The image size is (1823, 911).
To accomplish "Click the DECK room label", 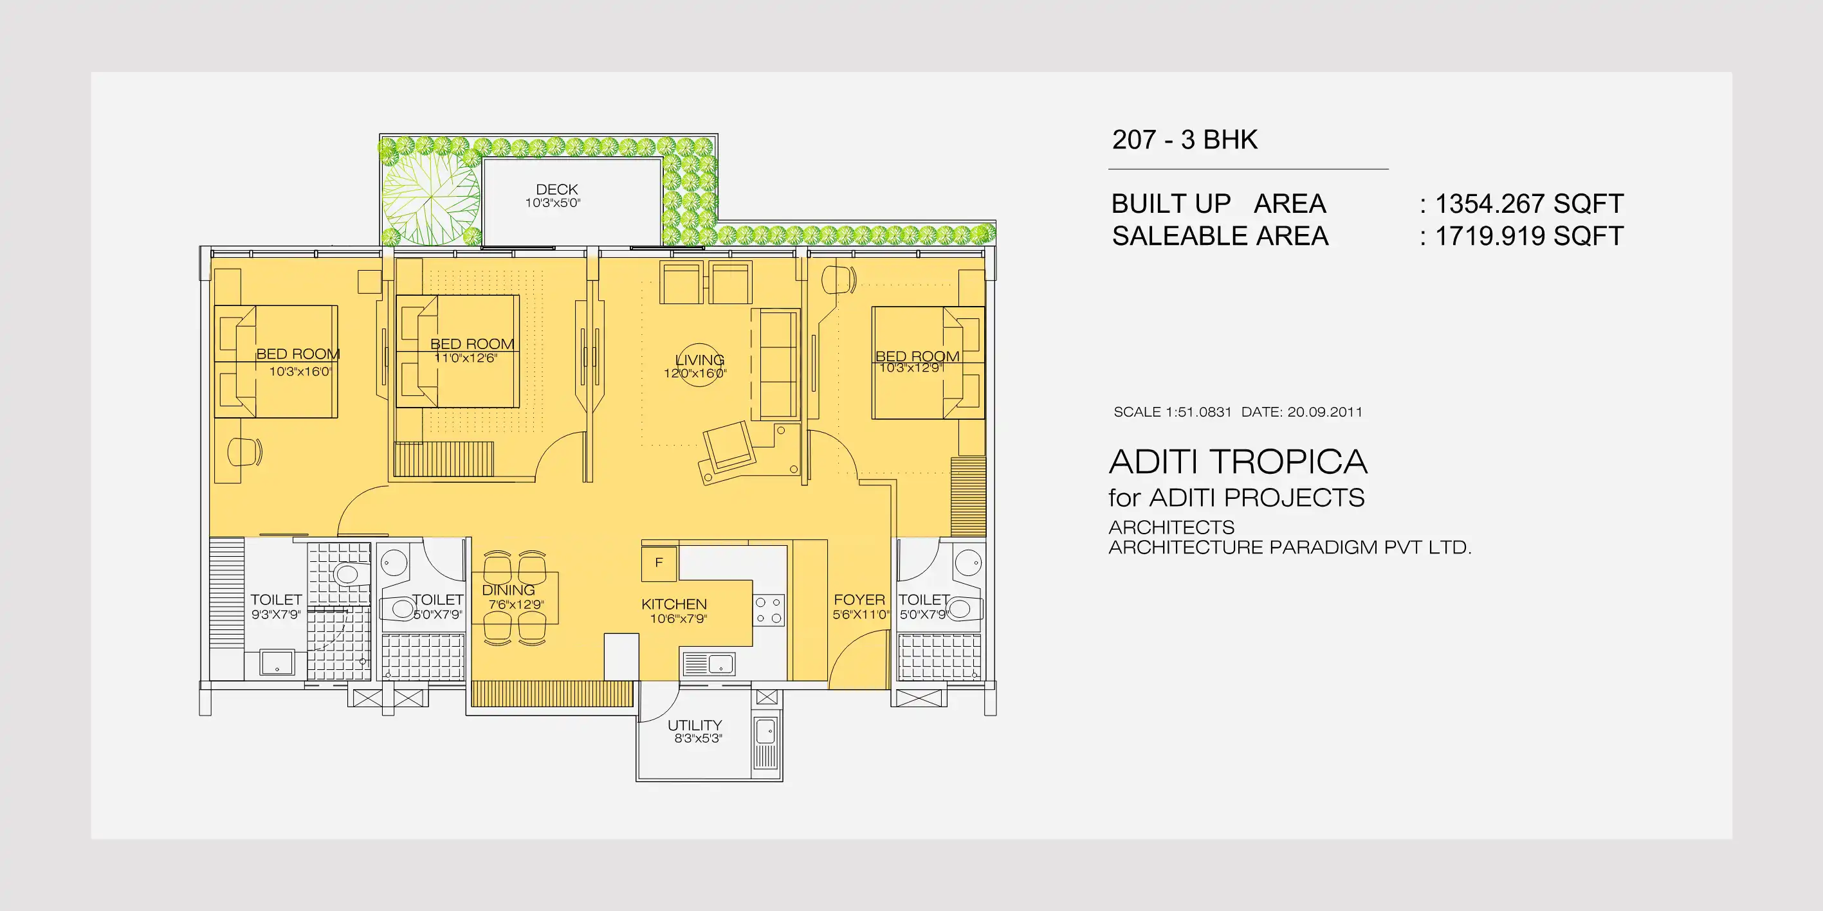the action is click(557, 190).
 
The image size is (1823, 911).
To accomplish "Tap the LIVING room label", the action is click(699, 359).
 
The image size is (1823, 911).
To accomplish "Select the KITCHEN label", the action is click(673, 604).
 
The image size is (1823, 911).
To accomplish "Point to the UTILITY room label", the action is click(694, 725).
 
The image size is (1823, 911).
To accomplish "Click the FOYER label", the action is click(859, 600).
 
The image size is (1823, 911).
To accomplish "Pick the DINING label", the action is click(508, 590).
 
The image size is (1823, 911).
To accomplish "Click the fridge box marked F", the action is click(659, 563).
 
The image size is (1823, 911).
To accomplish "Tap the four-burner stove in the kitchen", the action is click(769, 609).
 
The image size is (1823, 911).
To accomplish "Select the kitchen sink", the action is click(708, 663).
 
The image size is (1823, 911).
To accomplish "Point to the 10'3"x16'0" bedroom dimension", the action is click(300, 372).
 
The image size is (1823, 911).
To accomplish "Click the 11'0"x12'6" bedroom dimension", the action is click(465, 358).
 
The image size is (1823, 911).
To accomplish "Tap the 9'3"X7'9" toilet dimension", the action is click(276, 615).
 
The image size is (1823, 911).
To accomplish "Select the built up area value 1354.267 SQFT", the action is click(1528, 204).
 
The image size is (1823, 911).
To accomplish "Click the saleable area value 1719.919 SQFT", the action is click(1528, 236).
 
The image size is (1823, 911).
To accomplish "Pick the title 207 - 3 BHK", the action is click(1185, 140).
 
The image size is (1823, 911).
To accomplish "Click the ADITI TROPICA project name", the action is click(1238, 462).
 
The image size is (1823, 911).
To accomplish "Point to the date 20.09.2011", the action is click(1324, 411).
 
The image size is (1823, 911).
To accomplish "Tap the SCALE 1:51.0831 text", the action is click(1173, 411).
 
